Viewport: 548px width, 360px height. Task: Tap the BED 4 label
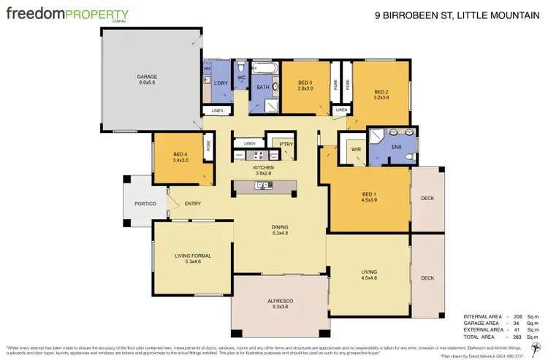[180, 155]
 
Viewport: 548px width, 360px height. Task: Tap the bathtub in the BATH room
[263, 71]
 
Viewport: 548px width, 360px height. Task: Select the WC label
[241, 77]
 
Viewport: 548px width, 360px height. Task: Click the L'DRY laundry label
[221, 83]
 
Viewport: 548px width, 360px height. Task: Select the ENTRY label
[193, 204]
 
